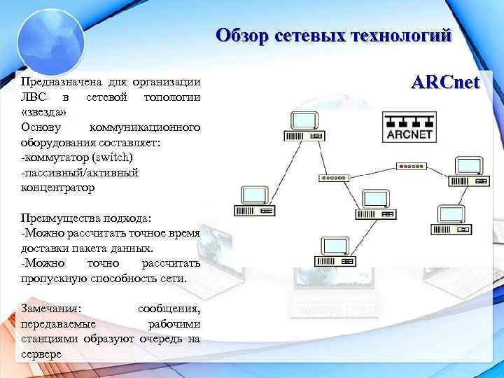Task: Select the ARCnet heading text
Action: tap(445, 83)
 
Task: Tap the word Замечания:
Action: tap(51, 308)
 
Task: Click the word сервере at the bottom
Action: tap(41, 354)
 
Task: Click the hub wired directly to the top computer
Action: tap(332, 178)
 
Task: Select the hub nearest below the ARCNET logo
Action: tap(409, 166)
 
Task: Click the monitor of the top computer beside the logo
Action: tap(303, 120)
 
